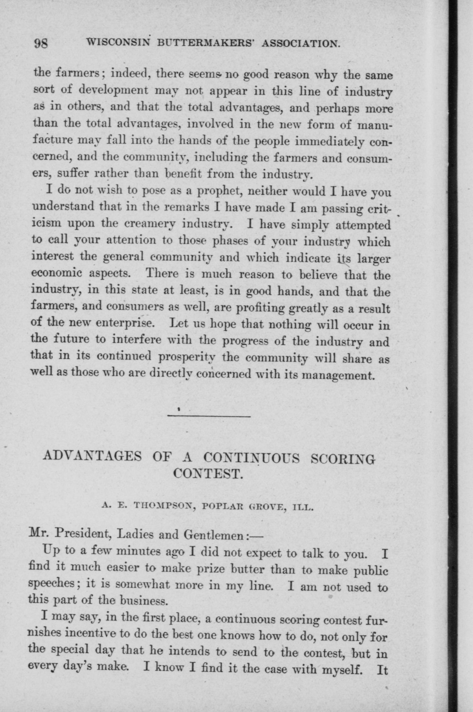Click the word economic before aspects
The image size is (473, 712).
tap(57, 273)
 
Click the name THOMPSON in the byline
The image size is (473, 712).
tap(162, 506)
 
